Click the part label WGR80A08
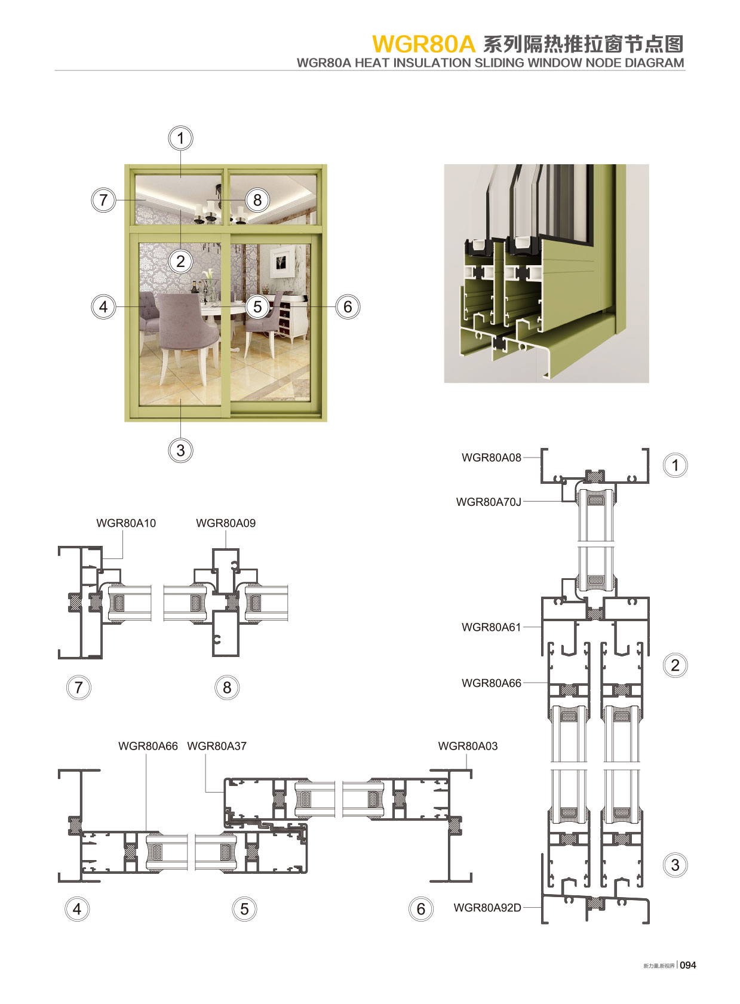[491, 458]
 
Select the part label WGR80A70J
[488, 502]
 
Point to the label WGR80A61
[491, 627]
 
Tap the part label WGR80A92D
[487, 908]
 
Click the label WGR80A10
[126, 523]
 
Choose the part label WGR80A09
[226, 523]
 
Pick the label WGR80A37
[217, 746]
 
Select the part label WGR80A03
[468, 746]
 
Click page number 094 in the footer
[688, 965]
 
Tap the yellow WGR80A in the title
[423, 44]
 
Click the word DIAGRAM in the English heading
[654, 63]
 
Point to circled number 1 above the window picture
[180, 139]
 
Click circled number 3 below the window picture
[180, 450]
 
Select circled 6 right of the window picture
[348, 307]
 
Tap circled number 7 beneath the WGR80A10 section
[78, 687]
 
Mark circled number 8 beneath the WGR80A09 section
[227, 687]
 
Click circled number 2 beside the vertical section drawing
[675, 665]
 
